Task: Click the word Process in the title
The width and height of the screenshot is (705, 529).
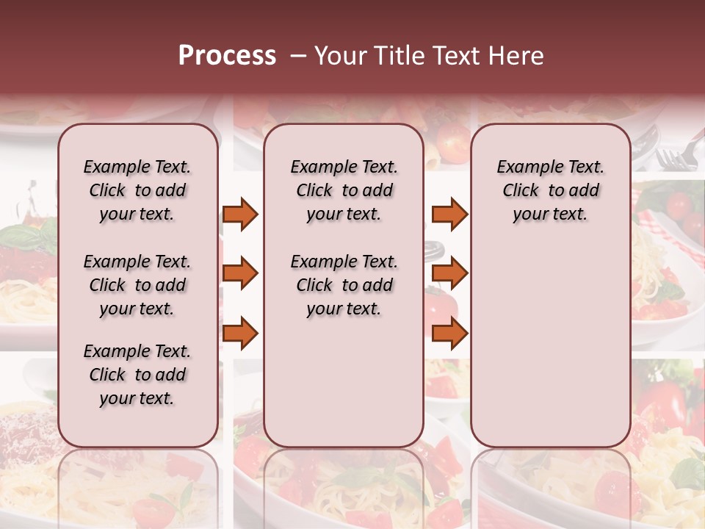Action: click(227, 56)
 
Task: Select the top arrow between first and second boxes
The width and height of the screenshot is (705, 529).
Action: click(240, 215)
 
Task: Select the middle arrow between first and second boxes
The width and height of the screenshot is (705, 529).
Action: click(240, 273)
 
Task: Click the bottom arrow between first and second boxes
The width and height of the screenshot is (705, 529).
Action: click(240, 334)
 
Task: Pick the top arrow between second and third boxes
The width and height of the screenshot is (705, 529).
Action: click(449, 215)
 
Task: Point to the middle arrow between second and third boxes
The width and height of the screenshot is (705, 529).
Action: click(449, 273)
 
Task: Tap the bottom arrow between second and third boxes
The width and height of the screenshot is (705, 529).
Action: click(449, 334)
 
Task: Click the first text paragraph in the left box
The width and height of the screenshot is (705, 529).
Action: click(137, 190)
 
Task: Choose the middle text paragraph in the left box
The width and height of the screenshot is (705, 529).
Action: click(137, 285)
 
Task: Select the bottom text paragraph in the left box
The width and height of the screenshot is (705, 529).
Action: click(137, 375)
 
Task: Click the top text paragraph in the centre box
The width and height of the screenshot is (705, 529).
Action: click(344, 190)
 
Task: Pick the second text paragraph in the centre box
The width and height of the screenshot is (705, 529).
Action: click(344, 285)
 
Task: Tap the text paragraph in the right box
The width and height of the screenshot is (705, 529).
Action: click(550, 190)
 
